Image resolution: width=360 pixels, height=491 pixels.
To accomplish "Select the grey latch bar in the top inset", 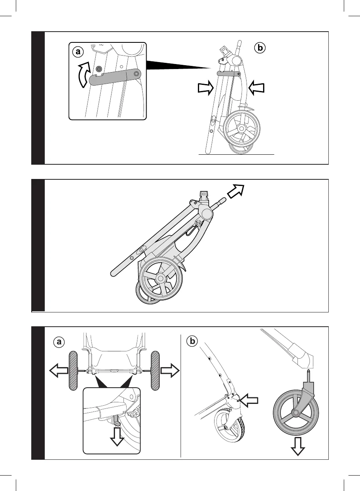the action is click(x=115, y=76).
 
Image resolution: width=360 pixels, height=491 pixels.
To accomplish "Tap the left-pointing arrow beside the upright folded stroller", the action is click(x=256, y=87).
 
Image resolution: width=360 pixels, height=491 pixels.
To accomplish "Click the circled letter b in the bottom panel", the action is click(x=191, y=341).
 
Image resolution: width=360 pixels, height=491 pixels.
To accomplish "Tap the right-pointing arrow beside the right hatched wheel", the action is click(x=170, y=371).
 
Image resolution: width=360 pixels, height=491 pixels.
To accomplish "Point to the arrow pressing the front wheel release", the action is click(x=248, y=401).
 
